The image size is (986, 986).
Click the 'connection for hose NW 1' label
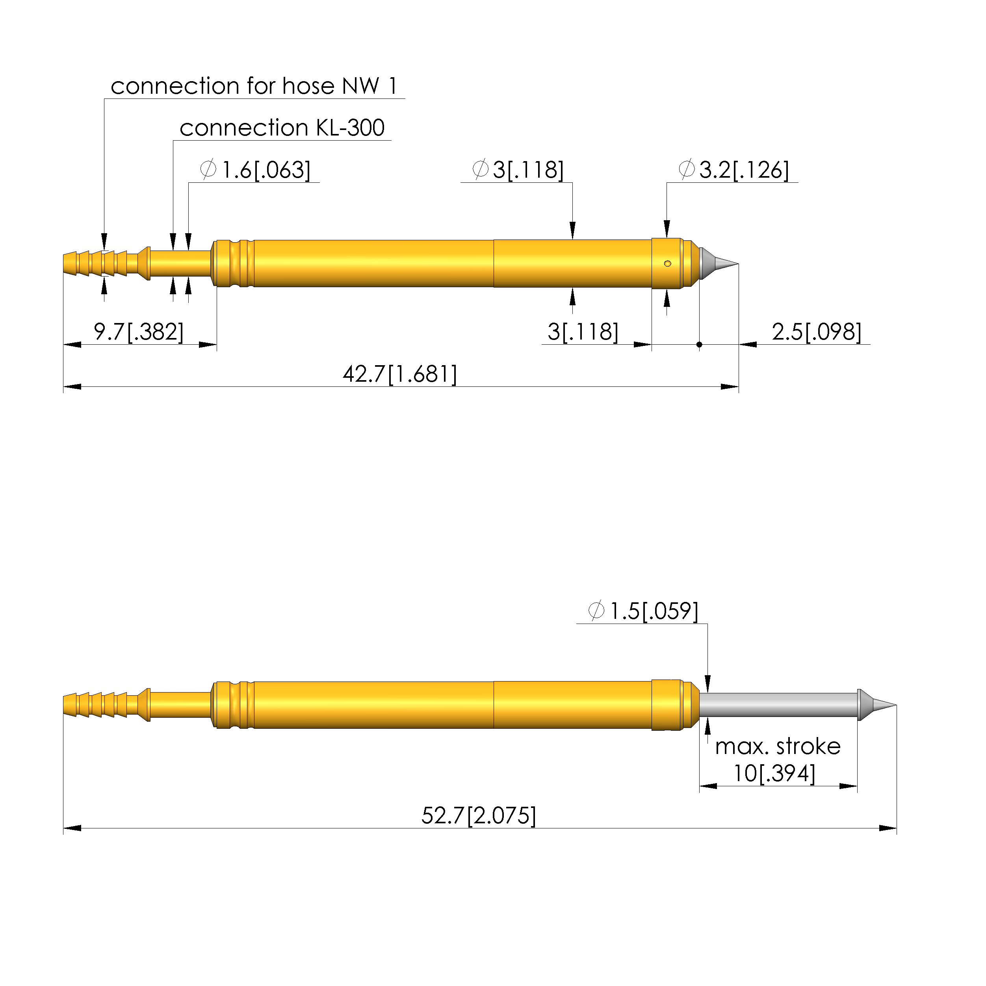click(x=254, y=86)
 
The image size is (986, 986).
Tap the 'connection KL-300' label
click(x=282, y=128)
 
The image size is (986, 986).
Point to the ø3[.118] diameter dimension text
click(x=518, y=169)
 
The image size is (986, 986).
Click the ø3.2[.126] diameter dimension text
click(x=733, y=169)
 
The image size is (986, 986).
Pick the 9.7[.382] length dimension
click(x=138, y=332)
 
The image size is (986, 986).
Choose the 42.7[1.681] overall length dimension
click(x=399, y=374)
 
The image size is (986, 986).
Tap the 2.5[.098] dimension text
click(x=817, y=332)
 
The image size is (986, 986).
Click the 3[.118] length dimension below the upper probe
click(x=583, y=332)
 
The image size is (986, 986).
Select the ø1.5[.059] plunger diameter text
click(x=643, y=611)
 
